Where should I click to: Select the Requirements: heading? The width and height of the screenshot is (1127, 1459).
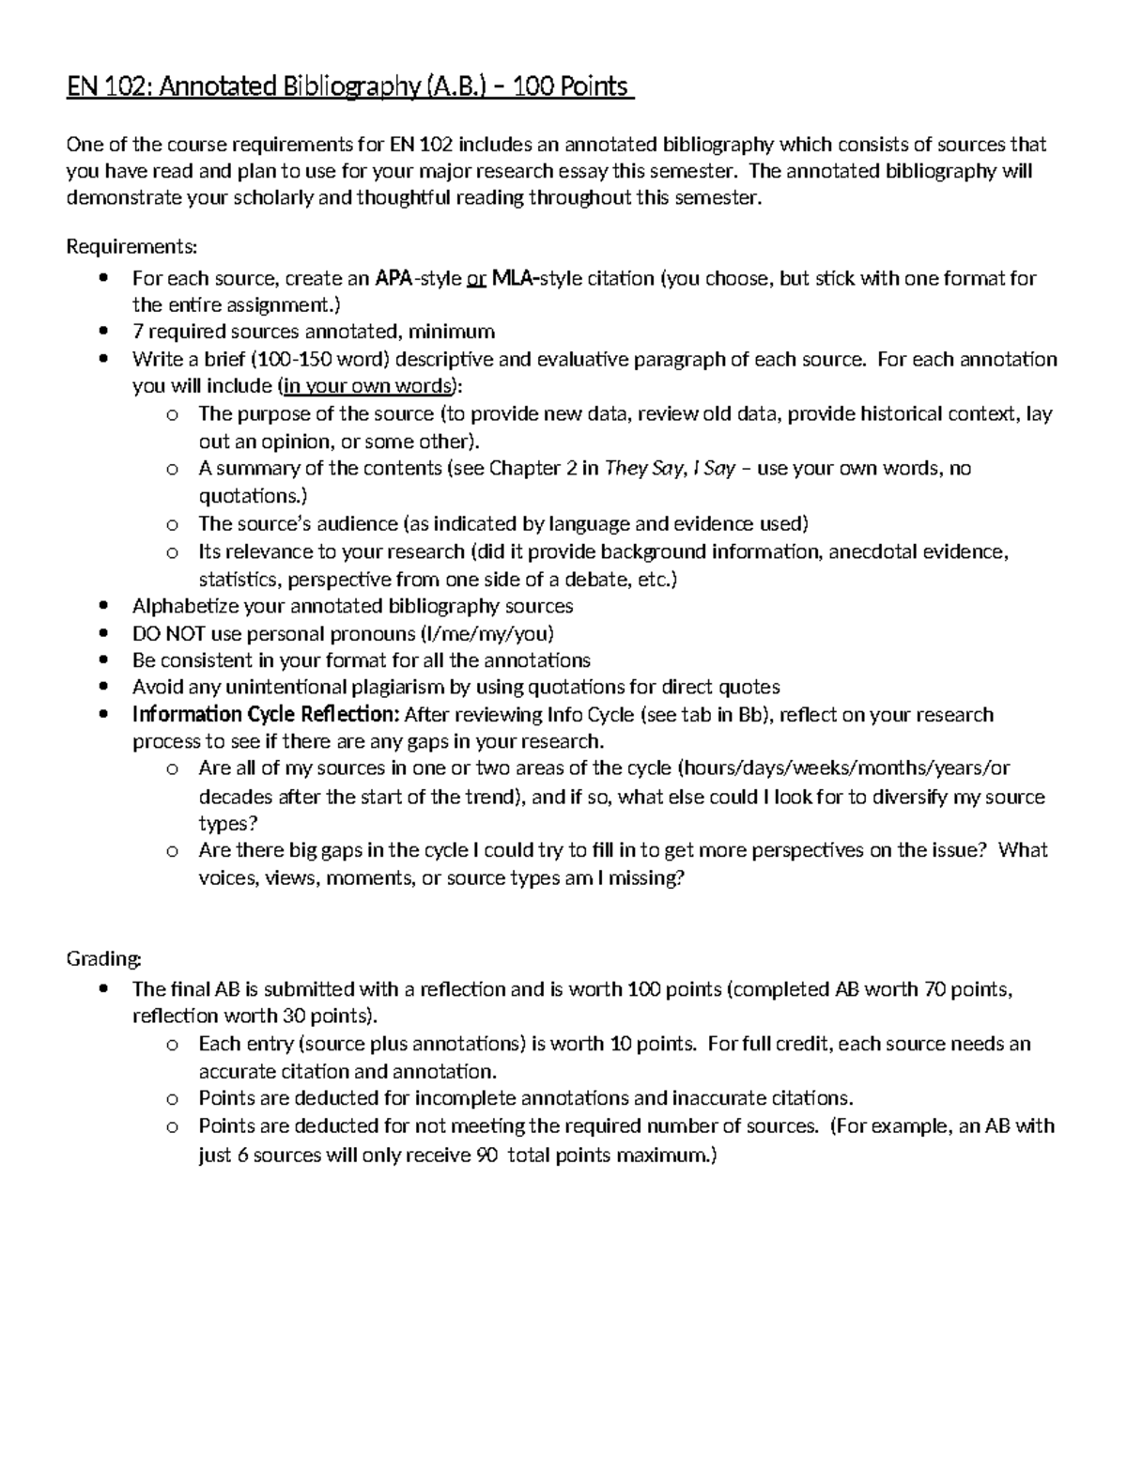[x=131, y=247]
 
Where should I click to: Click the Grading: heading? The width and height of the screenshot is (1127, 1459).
[x=103, y=958]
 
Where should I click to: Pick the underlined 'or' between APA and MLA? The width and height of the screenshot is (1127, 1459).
[x=476, y=278]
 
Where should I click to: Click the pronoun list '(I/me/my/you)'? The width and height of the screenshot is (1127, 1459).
[x=490, y=633]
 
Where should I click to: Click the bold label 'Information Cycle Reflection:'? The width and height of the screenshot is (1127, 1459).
[x=266, y=715]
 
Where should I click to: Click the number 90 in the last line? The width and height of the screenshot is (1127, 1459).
[x=486, y=1156]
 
